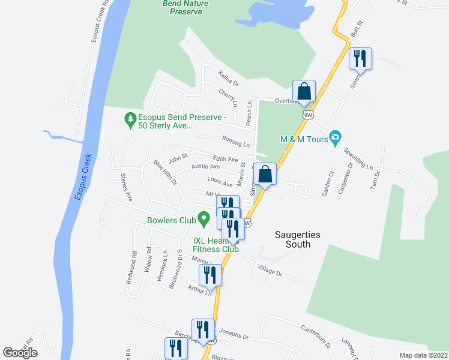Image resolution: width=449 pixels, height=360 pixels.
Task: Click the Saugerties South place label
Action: click(x=292, y=239)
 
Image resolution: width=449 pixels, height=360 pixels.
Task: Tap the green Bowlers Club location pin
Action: click(x=204, y=220)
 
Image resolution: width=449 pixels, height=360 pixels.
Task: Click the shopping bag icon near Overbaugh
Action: click(x=304, y=92)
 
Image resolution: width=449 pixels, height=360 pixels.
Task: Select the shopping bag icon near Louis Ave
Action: click(x=265, y=175)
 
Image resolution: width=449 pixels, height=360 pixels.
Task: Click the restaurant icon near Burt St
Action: click(x=360, y=59)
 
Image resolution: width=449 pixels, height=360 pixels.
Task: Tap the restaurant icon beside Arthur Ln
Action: click(x=211, y=275)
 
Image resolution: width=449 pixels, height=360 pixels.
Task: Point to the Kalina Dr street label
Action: click(x=229, y=78)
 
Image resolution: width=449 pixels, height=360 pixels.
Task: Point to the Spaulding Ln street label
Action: click(x=360, y=157)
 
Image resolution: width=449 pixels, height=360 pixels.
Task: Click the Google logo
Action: click(x=20, y=353)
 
